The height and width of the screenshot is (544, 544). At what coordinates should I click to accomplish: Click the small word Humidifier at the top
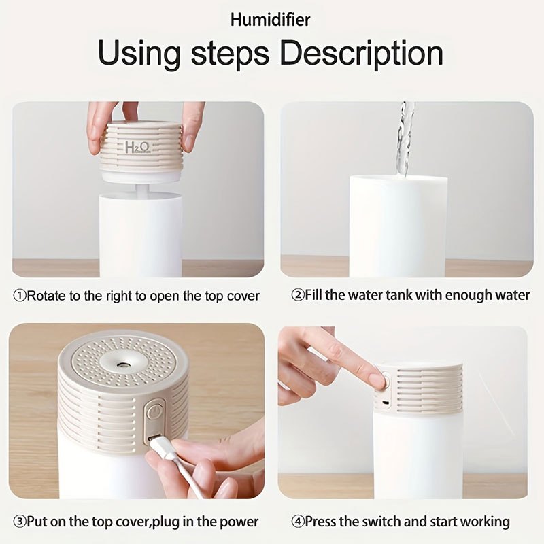coord(270,20)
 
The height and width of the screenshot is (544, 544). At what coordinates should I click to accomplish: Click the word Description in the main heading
coord(362,53)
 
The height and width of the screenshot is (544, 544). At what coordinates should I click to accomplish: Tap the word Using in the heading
coord(139,54)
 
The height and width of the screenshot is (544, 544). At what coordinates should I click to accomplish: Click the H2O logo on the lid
coord(138,148)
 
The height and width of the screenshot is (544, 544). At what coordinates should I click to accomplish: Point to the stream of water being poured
coord(405,139)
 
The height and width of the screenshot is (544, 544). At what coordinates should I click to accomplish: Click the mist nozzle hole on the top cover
coord(122,364)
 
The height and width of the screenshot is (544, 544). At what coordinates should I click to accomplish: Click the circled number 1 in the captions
coord(20,296)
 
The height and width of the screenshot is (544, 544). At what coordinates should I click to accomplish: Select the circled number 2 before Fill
coord(298,295)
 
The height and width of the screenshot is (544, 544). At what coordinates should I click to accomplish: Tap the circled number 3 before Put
coord(20,521)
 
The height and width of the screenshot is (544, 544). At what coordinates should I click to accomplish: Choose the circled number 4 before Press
coord(298,522)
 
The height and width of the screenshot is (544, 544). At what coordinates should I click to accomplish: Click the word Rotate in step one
coord(46,296)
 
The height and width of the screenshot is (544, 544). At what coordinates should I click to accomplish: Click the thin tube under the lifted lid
coord(141,190)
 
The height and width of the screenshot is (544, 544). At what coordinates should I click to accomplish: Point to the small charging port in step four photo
coord(385,403)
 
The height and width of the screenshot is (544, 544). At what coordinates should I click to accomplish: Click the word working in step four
coord(485,522)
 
